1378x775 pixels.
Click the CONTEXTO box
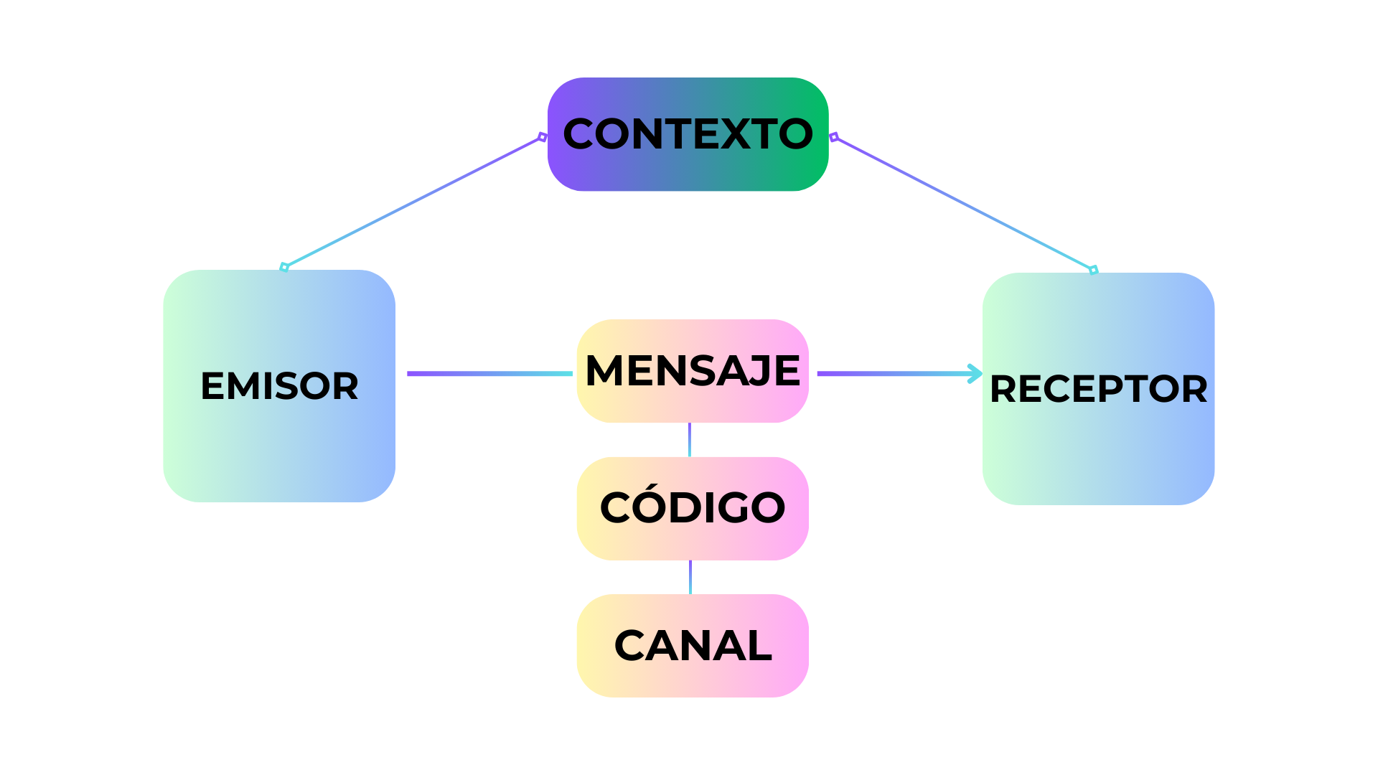[688, 134]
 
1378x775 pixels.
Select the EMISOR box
[279, 386]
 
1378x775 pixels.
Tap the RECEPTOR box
[1098, 389]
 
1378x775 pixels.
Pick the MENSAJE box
[693, 371]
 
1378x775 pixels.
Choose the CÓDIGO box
[693, 508]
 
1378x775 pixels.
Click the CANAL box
[693, 646]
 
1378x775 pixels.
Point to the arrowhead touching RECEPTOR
[975, 373]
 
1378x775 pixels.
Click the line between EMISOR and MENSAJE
[489, 373]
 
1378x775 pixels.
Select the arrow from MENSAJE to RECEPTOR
[897, 373]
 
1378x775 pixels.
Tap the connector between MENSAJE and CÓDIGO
[690, 440]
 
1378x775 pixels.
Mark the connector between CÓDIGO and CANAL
[690, 577]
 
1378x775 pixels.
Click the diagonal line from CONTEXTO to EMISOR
[413, 202]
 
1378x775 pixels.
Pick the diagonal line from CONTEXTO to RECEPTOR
[964, 204]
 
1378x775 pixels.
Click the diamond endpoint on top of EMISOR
[284, 268]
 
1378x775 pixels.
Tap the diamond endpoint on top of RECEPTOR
[1094, 271]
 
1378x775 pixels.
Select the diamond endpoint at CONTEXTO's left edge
[543, 137]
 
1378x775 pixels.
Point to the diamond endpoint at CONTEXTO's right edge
[833, 137]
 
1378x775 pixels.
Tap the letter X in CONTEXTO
[735, 134]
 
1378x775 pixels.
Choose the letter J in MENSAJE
[761, 372]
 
